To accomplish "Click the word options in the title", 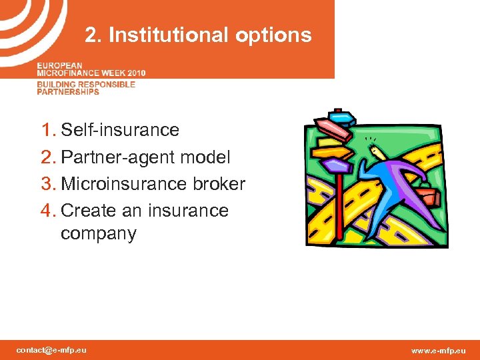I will [276, 35].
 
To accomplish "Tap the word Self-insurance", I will [120, 130].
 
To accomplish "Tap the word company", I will [99, 234].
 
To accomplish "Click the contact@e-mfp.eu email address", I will [51, 350].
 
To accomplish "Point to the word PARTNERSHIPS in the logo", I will [68, 91].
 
